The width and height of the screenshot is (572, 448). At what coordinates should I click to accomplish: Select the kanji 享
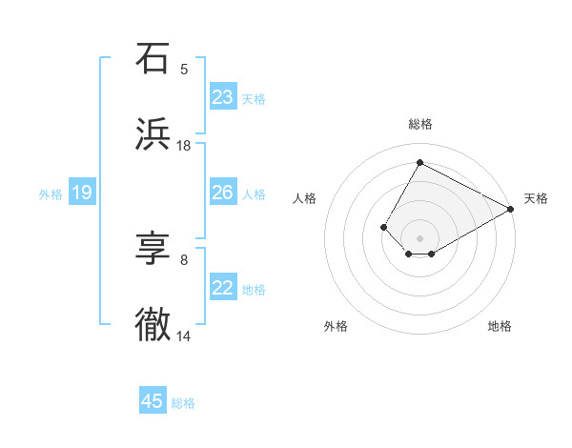(x=153, y=250)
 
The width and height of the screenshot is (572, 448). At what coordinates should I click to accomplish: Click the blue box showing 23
(x=223, y=97)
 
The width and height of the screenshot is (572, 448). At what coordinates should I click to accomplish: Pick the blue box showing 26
(x=223, y=193)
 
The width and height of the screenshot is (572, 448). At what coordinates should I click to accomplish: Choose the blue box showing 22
(x=223, y=288)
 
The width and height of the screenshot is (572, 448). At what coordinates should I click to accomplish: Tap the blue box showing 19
(x=82, y=193)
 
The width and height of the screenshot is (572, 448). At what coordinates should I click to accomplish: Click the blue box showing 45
(x=153, y=401)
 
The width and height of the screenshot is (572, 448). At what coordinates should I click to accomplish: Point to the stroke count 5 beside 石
(x=184, y=69)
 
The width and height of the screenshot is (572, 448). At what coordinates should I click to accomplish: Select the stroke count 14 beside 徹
(x=184, y=336)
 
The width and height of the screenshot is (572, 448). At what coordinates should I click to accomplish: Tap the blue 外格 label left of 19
(x=51, y=193)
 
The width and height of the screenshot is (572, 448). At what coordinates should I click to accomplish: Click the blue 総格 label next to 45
(x=183, y=403)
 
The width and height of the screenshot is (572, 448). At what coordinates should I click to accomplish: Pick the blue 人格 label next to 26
(x=254, y=193)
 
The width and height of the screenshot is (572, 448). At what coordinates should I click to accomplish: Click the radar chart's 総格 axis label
(x=419, y=124)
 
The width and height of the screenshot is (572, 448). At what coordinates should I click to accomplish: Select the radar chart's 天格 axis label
(x=536, y=198)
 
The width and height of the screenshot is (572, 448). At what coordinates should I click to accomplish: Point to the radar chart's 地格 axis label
(x=500, y=326)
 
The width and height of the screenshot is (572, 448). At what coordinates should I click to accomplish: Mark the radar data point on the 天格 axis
(x=511, y=210)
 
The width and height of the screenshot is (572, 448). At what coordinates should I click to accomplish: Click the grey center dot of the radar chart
(x=419, y=238)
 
